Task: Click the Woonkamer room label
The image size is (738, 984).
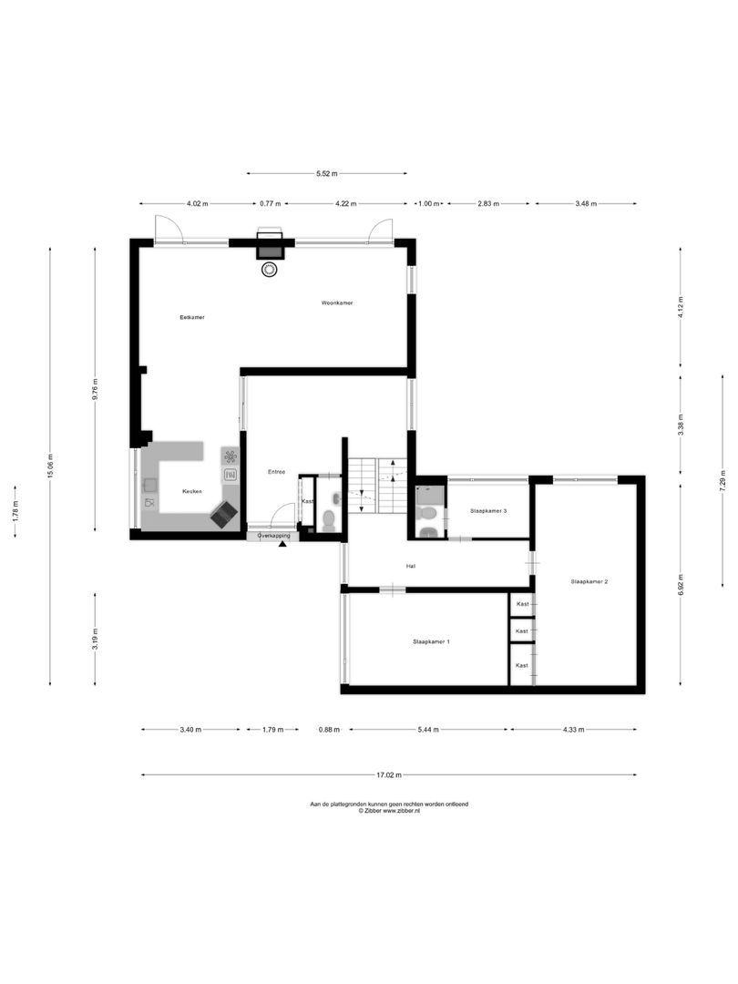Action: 336,302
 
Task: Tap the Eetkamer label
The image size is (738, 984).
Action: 191,317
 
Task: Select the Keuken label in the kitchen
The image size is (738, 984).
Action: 191,491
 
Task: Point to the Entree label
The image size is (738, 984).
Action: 276,472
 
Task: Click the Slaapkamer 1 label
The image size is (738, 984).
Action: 431,642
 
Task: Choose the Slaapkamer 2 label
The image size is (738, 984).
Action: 589,580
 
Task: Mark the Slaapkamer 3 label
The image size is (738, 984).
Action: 488,511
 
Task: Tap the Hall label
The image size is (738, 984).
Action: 412,566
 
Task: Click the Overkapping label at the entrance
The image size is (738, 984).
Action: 272,537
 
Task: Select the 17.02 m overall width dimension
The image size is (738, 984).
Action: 388,775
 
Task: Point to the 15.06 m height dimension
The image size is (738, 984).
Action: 51,465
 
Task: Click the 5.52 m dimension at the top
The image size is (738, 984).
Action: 326,173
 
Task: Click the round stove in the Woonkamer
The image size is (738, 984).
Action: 270,270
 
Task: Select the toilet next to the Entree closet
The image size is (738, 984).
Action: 329,520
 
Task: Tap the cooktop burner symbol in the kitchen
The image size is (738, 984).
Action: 231,456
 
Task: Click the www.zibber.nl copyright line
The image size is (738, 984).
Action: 389,811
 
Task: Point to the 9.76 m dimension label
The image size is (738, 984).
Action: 95,389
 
